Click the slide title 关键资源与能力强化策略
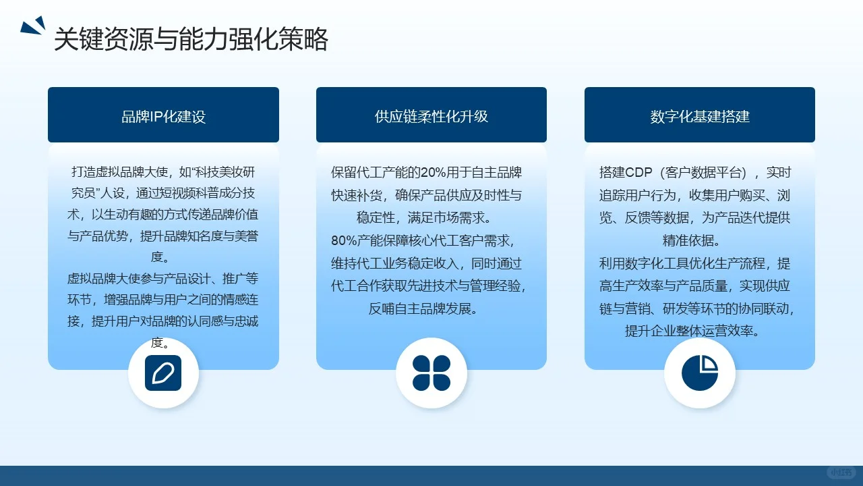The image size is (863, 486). [191, 40]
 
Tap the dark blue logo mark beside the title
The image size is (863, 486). [32, 26]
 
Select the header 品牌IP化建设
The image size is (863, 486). [163, 116]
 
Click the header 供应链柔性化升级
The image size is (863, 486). [431, 116]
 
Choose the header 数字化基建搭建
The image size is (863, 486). [700, 116]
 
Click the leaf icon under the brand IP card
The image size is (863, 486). [163, 373]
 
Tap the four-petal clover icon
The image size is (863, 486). [431, 373]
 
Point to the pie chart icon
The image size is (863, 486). [700, 373]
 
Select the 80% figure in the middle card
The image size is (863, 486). [343, 241]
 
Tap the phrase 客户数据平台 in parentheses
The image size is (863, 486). [705, 172]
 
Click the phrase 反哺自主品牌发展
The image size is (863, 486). [423, 309]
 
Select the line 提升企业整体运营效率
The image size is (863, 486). [693, 331]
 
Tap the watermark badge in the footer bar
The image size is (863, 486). [841, 473]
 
